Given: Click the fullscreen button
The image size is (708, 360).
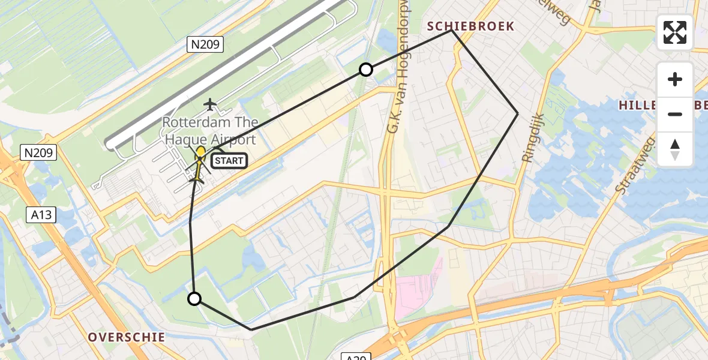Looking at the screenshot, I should coord(675,32).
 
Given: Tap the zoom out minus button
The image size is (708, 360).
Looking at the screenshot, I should coord(675,114).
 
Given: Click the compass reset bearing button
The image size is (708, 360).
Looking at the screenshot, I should coord(675,149).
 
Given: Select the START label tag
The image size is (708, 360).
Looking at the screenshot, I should coord(229,161).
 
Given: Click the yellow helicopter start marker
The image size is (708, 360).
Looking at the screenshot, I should coord(200,154).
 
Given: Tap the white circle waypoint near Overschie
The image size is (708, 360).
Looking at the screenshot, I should coord(194,298).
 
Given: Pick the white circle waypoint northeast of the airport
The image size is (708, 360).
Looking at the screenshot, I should coord(365,70).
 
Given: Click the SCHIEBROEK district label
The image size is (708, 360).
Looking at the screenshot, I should coord(470,26).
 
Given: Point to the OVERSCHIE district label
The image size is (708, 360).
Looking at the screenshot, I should coord(127,337).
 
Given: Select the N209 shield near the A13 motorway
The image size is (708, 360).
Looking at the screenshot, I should coord(39,153).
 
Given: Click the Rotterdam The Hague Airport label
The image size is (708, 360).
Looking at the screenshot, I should coord(210,131).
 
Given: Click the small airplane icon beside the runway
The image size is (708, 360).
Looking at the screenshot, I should coord(209,104).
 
